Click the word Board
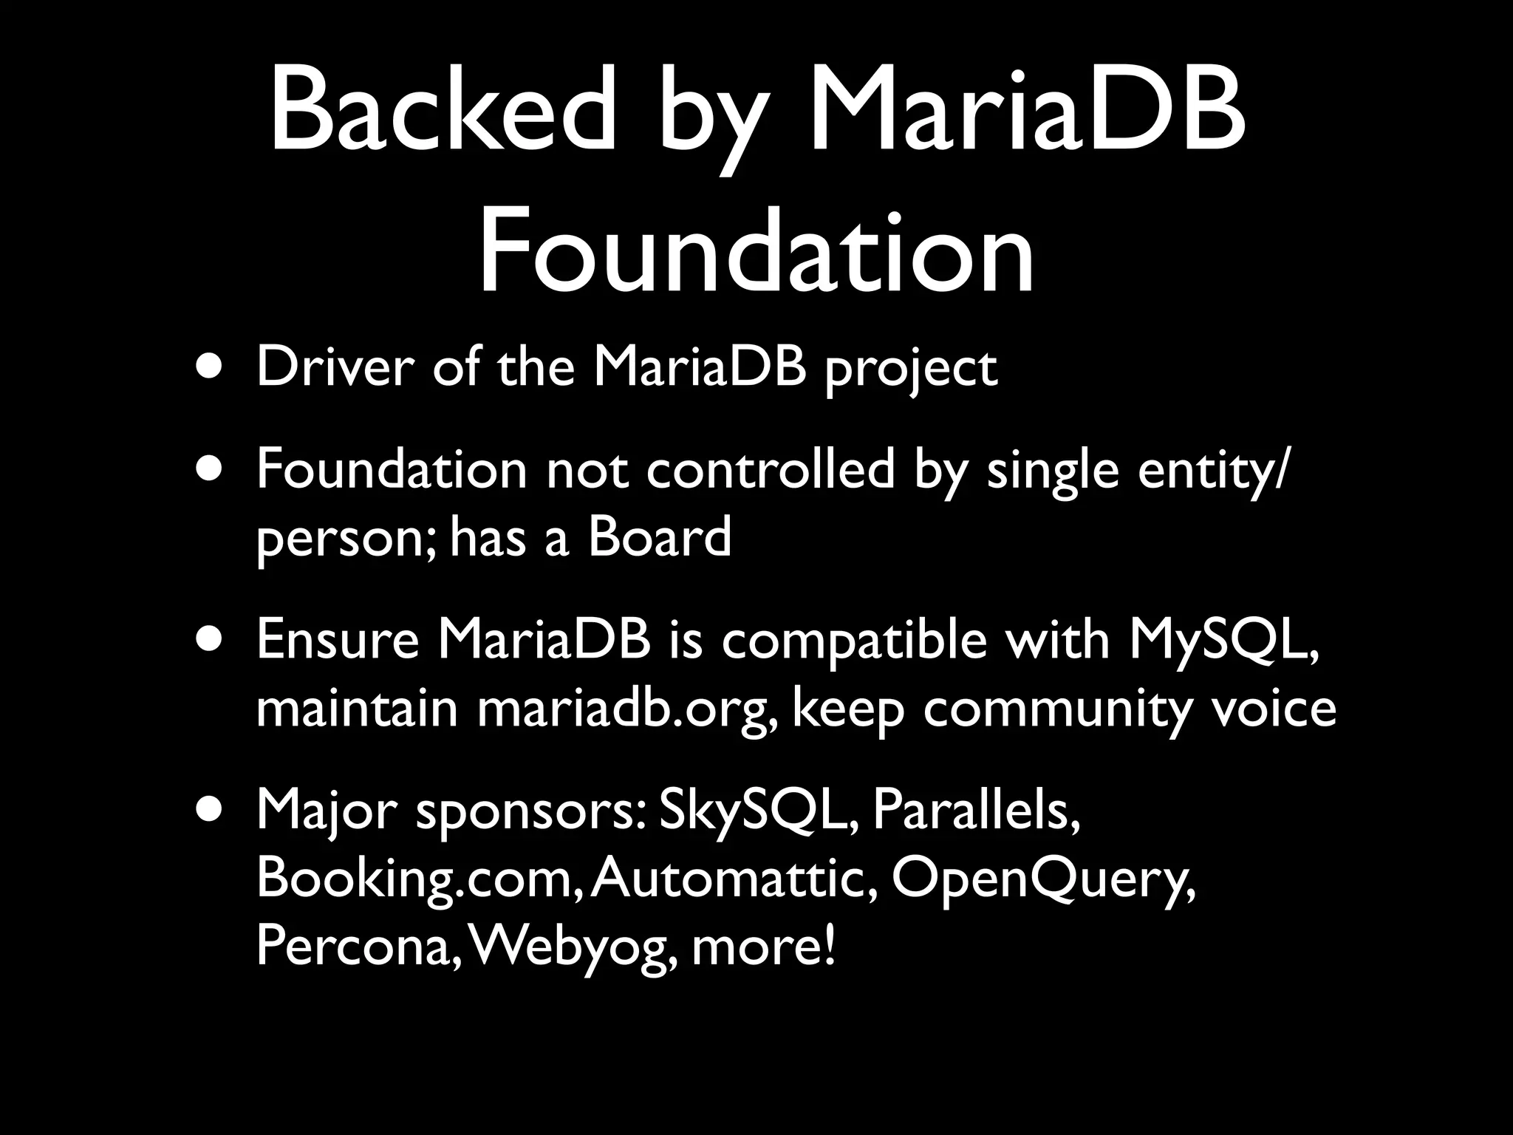pyautogui.click(x=659, y=537)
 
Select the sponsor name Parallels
pyautogui.click(x=976, y=811)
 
